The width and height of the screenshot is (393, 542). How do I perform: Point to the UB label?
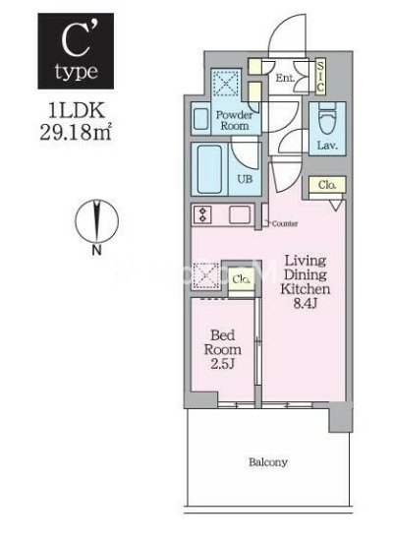[x=245, y=180]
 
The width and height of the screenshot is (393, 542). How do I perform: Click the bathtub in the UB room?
[x=210, y=168]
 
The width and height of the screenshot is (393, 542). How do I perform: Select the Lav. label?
[x=327, y=148]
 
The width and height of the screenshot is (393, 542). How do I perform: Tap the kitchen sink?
[x=240, y=214]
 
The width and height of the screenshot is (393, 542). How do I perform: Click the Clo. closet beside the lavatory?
[x=326, y=185]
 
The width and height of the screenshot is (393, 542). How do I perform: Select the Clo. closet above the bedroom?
[x=239, y=278]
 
